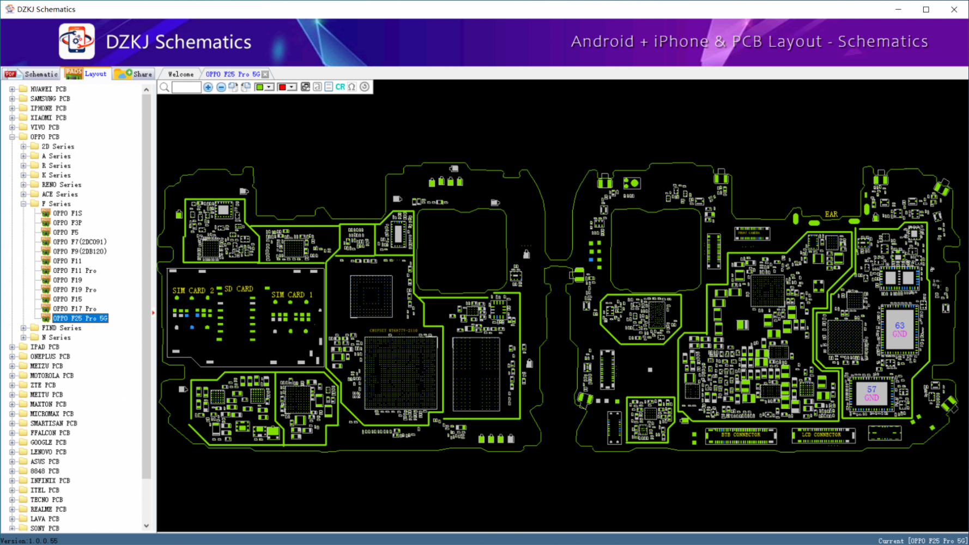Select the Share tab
click(x=134, y=74)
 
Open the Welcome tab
click(x=180, y=74)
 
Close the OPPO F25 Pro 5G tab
click(x=265, y=74)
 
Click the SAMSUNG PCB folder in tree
click(x=50, y=99)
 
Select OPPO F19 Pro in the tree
click(x=74, y=289)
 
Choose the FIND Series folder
click(x=61, y=328)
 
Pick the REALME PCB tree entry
click(x=48, y=509)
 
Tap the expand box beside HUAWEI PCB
click(x=12, y=89)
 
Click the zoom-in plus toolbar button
click(x=208, y=87)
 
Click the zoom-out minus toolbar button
click(x=221, y=87)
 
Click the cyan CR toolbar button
click(x=340, y=87)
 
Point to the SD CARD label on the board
click(x=239, y=289)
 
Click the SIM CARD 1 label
click(x=292, y=295)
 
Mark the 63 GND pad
click(x=899, y=330)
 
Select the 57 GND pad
click(x=871, y=393)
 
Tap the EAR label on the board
click(x=831, y=214)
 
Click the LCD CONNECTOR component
click(x=821, y=435)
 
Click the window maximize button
click(x=926, y=9)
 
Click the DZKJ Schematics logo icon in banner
click(x=76, y=41)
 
